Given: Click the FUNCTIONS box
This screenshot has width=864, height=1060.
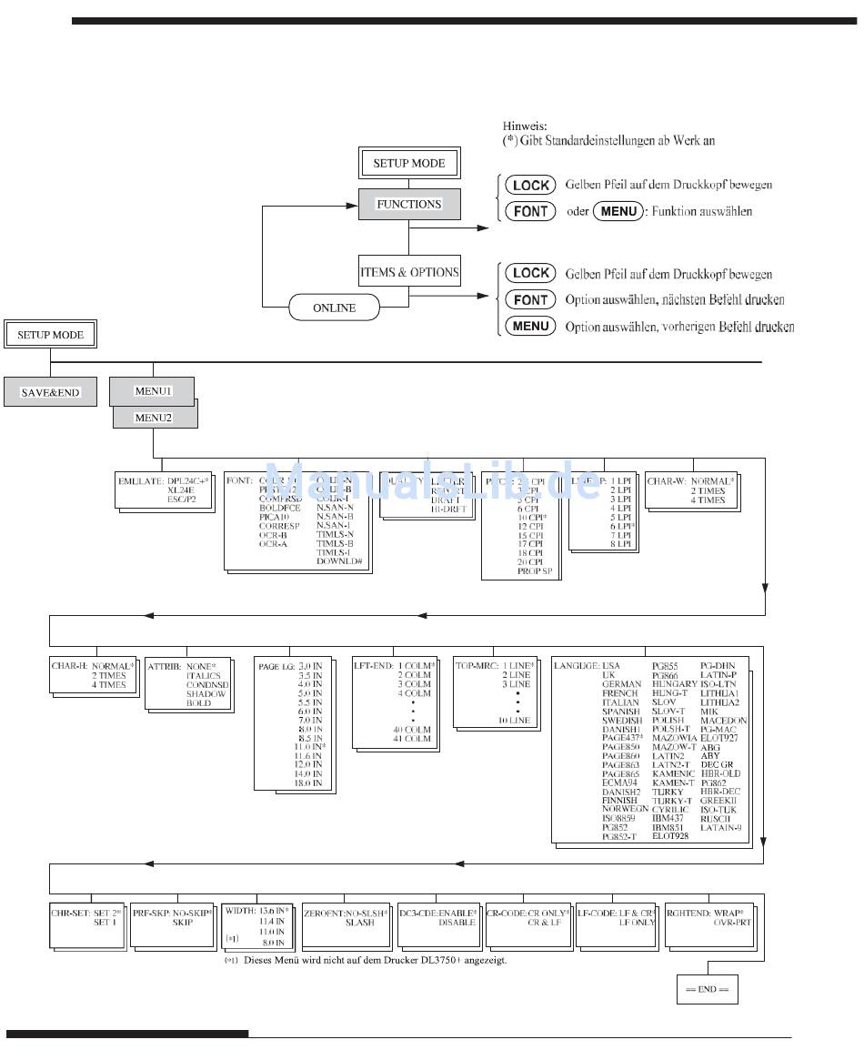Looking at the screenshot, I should pos(409,204).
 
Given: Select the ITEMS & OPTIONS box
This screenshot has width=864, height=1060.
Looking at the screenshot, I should pos(409,272).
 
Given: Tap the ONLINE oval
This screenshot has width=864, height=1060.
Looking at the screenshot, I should pos(334,308).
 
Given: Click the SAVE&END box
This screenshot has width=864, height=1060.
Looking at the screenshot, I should pos(51,392).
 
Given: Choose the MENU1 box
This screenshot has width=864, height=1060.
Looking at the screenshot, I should pos(153,390).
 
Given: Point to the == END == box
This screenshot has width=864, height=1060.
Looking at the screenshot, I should pos(707,989).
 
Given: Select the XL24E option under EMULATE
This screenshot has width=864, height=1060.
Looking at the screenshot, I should pos(183,490).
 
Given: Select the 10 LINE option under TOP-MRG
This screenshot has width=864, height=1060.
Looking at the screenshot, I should pos(514,720).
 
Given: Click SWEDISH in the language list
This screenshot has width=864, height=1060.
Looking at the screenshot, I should pos(621,720).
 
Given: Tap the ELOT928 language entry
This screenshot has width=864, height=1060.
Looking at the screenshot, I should pos(670,835).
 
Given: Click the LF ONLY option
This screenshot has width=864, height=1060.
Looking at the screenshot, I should pos(637,922).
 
